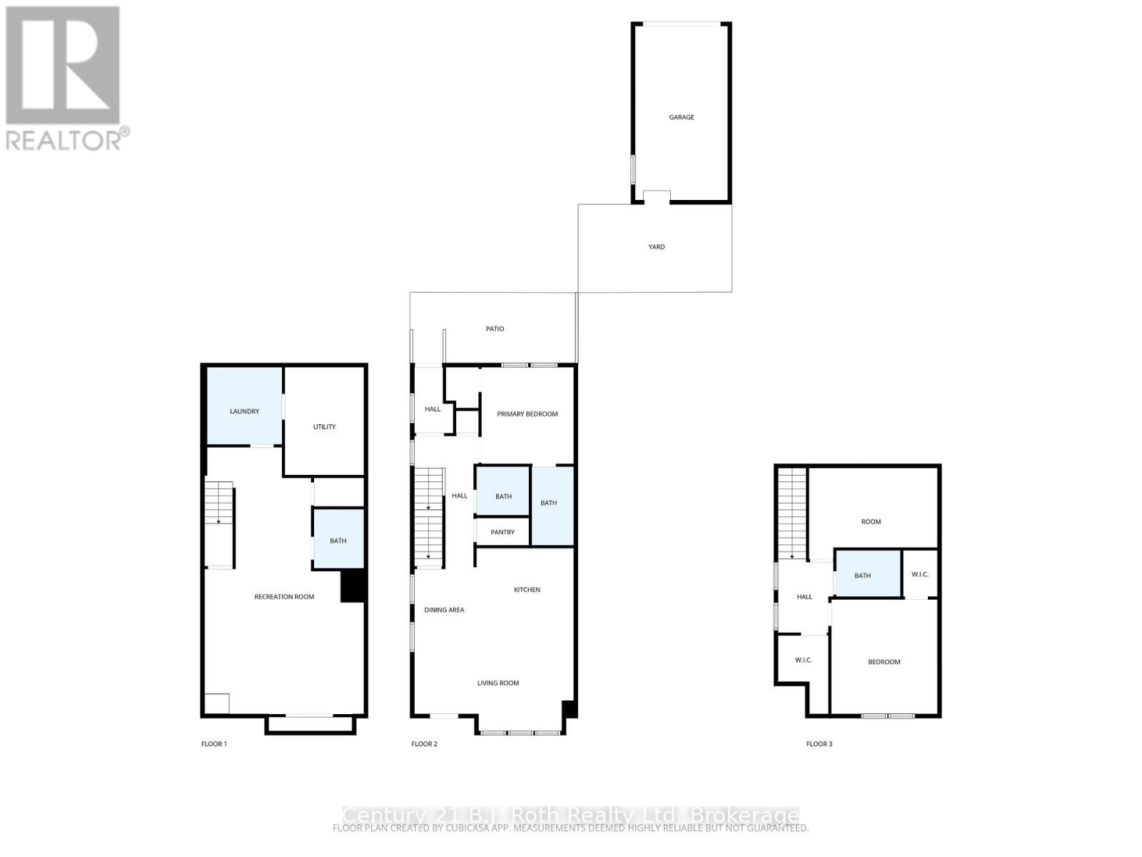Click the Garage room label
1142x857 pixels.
point(681,117)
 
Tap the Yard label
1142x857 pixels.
point(656,247)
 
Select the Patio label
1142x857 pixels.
point(495,329)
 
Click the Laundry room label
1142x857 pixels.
point(244,411)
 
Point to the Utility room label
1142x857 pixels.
point(324,427)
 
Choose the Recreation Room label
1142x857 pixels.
point(284,597)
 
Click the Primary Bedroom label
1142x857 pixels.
point(527,414)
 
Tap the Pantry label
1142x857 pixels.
point(502,532)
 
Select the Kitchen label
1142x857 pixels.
point(527,590)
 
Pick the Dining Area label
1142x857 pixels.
point(444,610)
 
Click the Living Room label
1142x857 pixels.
point(498,683)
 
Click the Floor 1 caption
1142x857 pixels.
point(213,744)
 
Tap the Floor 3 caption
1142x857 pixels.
point(819,744)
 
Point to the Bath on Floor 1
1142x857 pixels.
point(338,541)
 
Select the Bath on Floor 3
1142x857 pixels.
point(862,576)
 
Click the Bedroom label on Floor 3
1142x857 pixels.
point(884,662)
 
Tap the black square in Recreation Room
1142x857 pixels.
point(353,586)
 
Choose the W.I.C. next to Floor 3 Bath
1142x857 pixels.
point(920,574)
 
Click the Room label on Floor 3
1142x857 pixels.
point(871,522)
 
